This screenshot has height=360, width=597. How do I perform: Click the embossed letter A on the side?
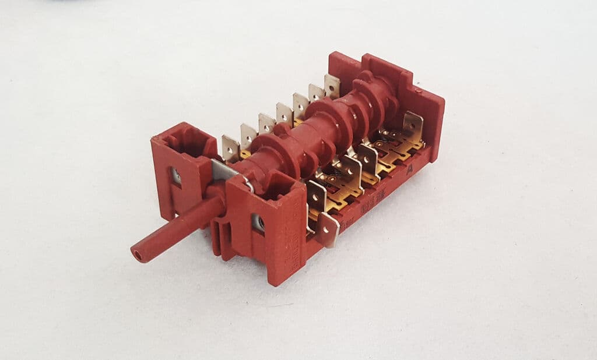point(410,168)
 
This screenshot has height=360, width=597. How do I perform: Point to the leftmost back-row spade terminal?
point(230,147)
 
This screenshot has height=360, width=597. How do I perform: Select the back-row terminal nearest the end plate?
point(332,85)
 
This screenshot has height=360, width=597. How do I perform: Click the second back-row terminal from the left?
point(248,136)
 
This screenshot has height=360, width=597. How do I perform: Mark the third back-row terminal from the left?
point(266,123)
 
